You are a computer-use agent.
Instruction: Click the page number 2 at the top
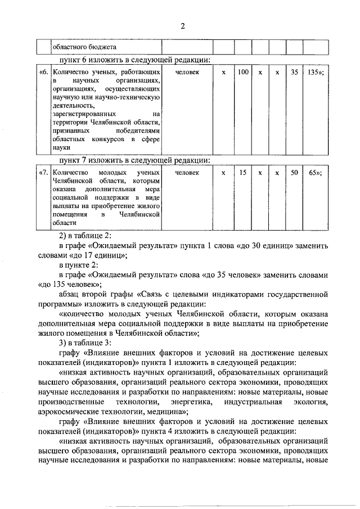pos(183,26)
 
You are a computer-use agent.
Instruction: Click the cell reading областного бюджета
pos(85,48)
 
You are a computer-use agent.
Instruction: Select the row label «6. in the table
pos(43,73)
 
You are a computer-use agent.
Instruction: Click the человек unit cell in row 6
pos(187,73)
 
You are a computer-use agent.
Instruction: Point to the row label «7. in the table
pos(43,173)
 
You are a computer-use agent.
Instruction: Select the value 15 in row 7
pos(242,173)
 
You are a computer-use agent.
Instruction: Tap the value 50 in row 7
pos(294,173)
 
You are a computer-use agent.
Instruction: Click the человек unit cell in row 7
pos(187,173)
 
